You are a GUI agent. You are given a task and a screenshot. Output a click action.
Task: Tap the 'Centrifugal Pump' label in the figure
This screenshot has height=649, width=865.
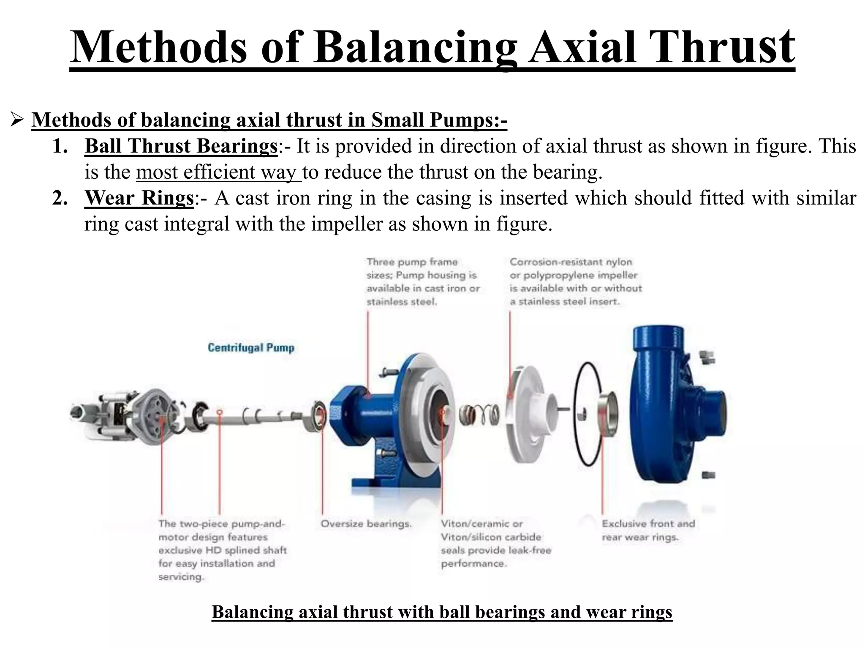[x=251, y=348]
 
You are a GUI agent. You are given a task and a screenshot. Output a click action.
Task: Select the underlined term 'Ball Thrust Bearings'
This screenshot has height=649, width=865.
[x=181, y=146]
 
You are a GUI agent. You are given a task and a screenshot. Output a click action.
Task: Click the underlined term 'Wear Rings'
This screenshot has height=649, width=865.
[x=139, y=198]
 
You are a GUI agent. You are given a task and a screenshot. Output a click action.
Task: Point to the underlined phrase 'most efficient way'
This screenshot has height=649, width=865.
[x=218, y=172]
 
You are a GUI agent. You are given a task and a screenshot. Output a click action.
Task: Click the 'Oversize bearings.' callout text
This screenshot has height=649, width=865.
[x=366, y=524]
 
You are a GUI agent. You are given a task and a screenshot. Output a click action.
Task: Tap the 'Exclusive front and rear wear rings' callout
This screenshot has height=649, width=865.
[x=648, y=530]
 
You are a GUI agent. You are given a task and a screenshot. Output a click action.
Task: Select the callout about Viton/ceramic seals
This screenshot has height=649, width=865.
[x=496, y=543]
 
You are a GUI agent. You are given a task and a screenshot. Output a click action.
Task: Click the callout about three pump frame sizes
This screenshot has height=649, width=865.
[x=423, y=281]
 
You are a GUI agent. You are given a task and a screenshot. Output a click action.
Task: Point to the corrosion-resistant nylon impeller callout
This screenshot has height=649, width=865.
[x=575, y=281]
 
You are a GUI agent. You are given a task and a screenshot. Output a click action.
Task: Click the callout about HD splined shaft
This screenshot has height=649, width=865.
[x=222, y=550]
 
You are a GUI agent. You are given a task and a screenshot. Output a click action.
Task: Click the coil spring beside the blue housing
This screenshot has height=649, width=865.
[x=479, y=414]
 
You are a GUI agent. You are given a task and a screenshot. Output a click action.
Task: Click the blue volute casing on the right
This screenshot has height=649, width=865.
[x=672, y=406]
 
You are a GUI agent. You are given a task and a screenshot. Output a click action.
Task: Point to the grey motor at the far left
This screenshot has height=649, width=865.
[x=118, y=416]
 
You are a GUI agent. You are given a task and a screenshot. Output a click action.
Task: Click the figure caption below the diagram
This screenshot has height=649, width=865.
[x=441, y=612]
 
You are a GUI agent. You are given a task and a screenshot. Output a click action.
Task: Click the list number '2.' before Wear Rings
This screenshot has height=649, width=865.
[x=60, y=198]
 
